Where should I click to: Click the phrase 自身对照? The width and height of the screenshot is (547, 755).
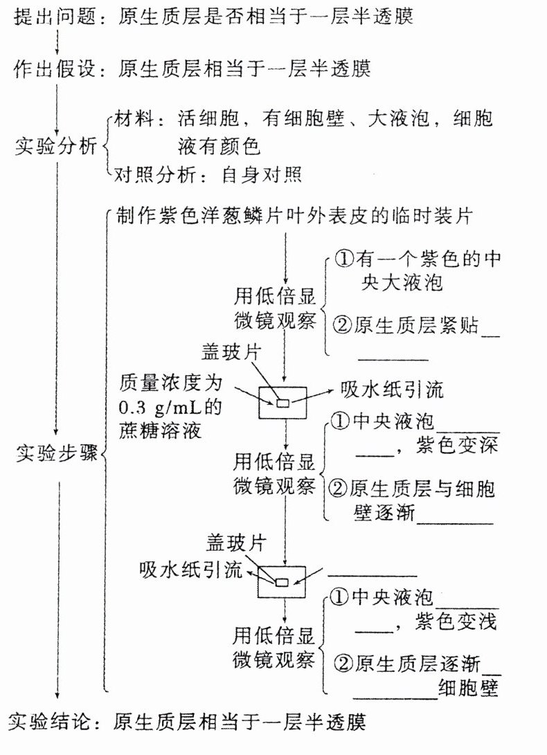click(x=262, y=174)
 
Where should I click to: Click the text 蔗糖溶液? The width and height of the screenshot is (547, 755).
click(x=159, y=430)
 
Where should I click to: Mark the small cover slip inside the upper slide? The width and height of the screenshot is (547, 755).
click(x=283, y=403)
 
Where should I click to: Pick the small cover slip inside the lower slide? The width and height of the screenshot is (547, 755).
click(x=282, y=583)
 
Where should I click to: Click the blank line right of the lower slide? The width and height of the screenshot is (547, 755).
click(x=372, y=574)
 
